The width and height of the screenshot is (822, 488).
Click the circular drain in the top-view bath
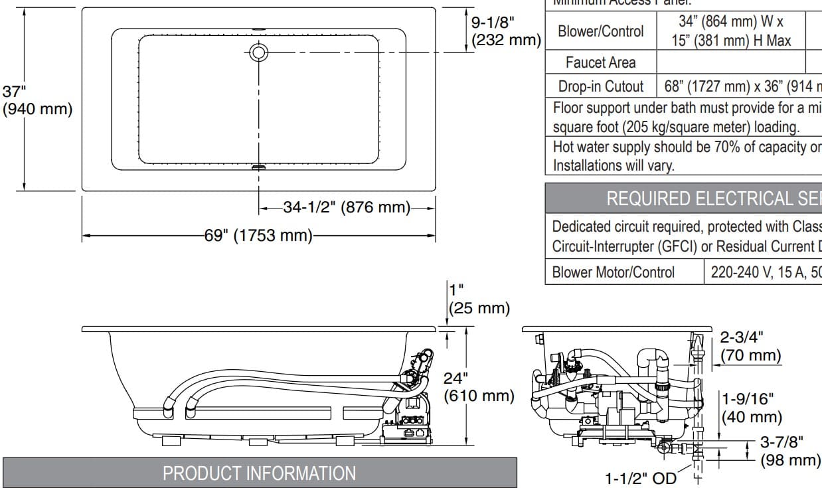pyautogui.click(x=258, y=52)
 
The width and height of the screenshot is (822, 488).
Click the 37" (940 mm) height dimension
pyautogui.click(x=37, y=100)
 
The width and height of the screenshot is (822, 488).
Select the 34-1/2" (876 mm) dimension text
pyautogui.click(x=347, y=207)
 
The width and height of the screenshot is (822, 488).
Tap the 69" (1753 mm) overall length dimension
pyautogui.click(x=258, y=235)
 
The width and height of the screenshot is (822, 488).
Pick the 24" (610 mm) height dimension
pyautogui.click(x=479, y=387)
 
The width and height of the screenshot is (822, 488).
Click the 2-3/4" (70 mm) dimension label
pyautogui.click(x=750, y=346)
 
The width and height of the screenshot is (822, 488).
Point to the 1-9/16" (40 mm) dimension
pyautogui.click(x=751, y=408)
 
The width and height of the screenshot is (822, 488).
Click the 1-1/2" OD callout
pyautogui.click(x=640, y=478)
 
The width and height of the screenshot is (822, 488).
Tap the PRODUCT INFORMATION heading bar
pyautogui.click(x=260, y=473)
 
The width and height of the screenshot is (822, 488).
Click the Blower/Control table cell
pyautogui.click(x=600, y=31)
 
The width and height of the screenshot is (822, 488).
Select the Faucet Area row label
pyautogui.click(x=600, y=62)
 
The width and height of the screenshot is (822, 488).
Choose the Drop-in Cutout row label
pyautogui.click(x=600, y=86)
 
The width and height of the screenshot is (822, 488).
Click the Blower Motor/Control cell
pyautogui.click(x=613, y=272)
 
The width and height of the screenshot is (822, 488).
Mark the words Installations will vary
pyautogui.click(x=613, y=165)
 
